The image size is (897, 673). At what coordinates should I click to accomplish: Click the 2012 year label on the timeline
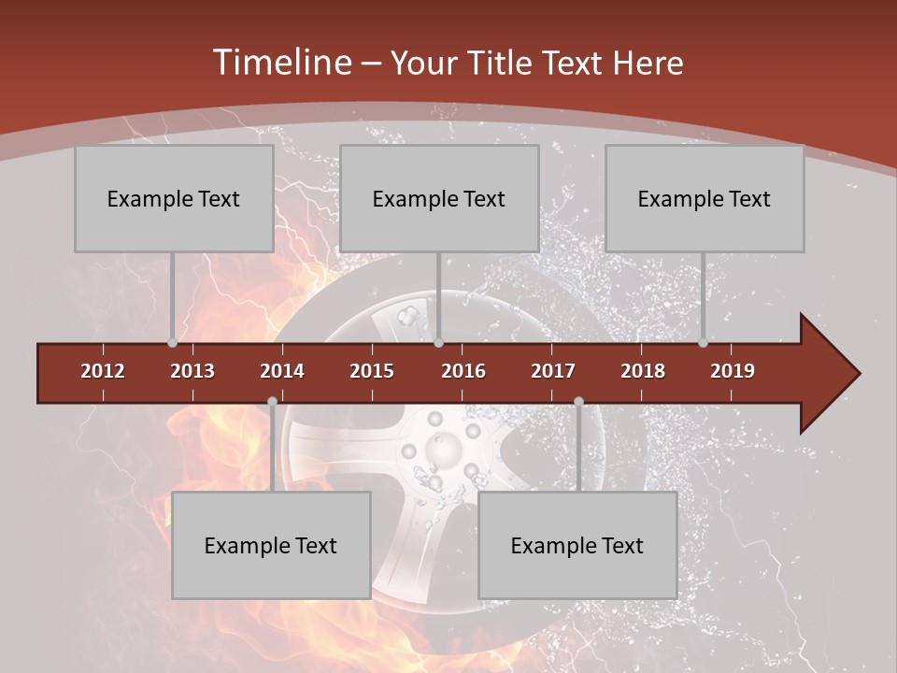pos(103,371)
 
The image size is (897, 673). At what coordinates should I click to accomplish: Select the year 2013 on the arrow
pos(192,371)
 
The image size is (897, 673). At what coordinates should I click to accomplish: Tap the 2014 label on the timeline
pos(282,371)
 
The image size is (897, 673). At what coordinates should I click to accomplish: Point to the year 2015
pos(372,371)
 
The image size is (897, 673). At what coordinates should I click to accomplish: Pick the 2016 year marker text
pos(463,371)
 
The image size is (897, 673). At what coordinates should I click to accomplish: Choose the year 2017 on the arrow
pos(553,371)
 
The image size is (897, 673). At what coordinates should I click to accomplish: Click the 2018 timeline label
pos(643,371)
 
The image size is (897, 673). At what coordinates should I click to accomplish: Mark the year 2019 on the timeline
pos(733,371)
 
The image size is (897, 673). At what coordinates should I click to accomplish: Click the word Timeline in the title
pos(280,63)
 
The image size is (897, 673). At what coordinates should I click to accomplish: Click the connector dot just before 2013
pos(172,343)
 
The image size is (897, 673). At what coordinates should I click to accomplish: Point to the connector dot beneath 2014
pos(272,402)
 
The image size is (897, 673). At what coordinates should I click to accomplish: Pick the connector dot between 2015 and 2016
pos(438,343)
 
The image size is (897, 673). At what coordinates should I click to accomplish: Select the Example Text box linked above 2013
pos(174,198)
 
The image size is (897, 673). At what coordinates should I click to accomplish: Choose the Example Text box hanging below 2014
pos(271,545)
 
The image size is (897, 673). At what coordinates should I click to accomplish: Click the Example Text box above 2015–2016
pos(439,198)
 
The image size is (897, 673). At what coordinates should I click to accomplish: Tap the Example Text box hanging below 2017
pos(577,545)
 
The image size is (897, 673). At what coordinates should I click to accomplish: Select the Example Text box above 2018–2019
pos(705,198)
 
